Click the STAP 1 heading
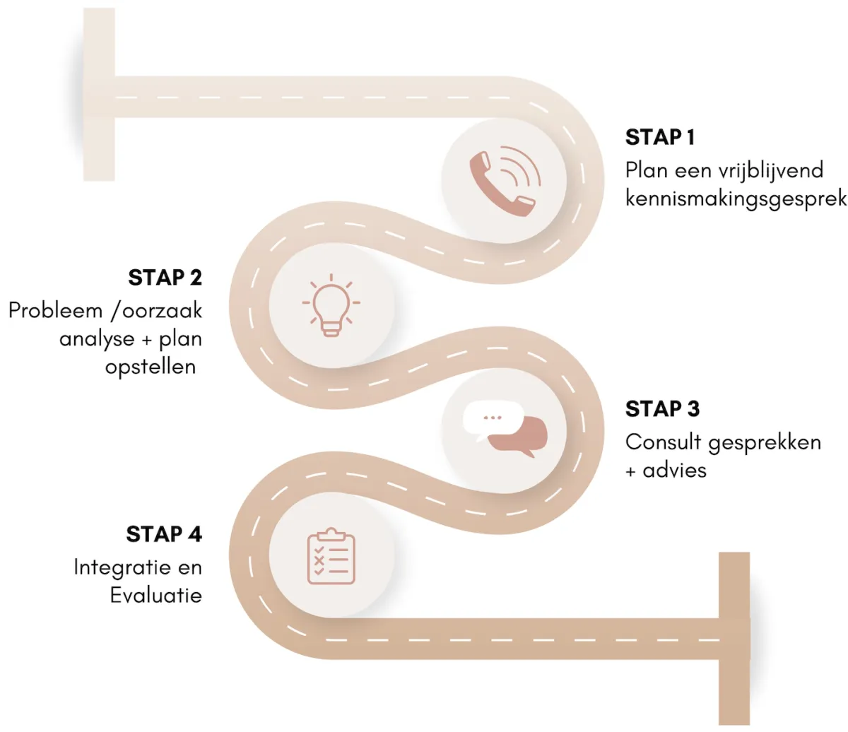tap(660, 137)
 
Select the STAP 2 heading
tap(165, 278)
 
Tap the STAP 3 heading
tap(662, 409)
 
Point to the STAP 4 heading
tap(164, 534)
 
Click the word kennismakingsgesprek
tap(736, 199)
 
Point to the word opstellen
tap(150, 367)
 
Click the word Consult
tap(663, 442)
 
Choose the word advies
tap(674, 470)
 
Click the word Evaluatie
tap(155, 595)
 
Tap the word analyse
tap(97, 339)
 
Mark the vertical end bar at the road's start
tap(99, 95)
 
